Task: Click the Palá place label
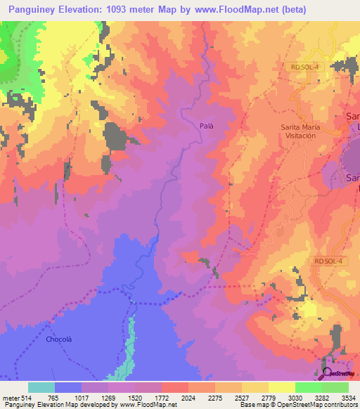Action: pyautogui.click(x=206, y=125)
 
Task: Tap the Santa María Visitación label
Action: pyautogui.click(x=304, y=131)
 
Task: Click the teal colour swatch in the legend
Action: pyautogui.click(x=41, y=387)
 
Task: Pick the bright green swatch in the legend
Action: pyautogui.click(x=308, y=387)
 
